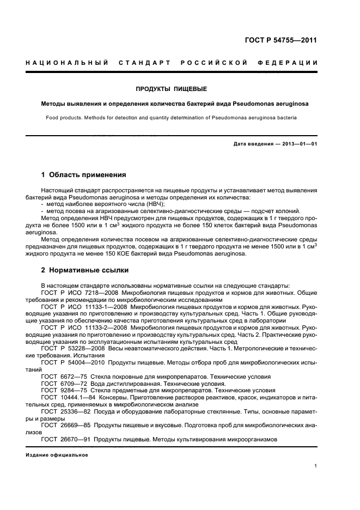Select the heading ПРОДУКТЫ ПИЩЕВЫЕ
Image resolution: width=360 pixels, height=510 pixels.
[x=171, y=89]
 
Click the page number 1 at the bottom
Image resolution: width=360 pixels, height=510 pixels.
[x=316, y=466]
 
